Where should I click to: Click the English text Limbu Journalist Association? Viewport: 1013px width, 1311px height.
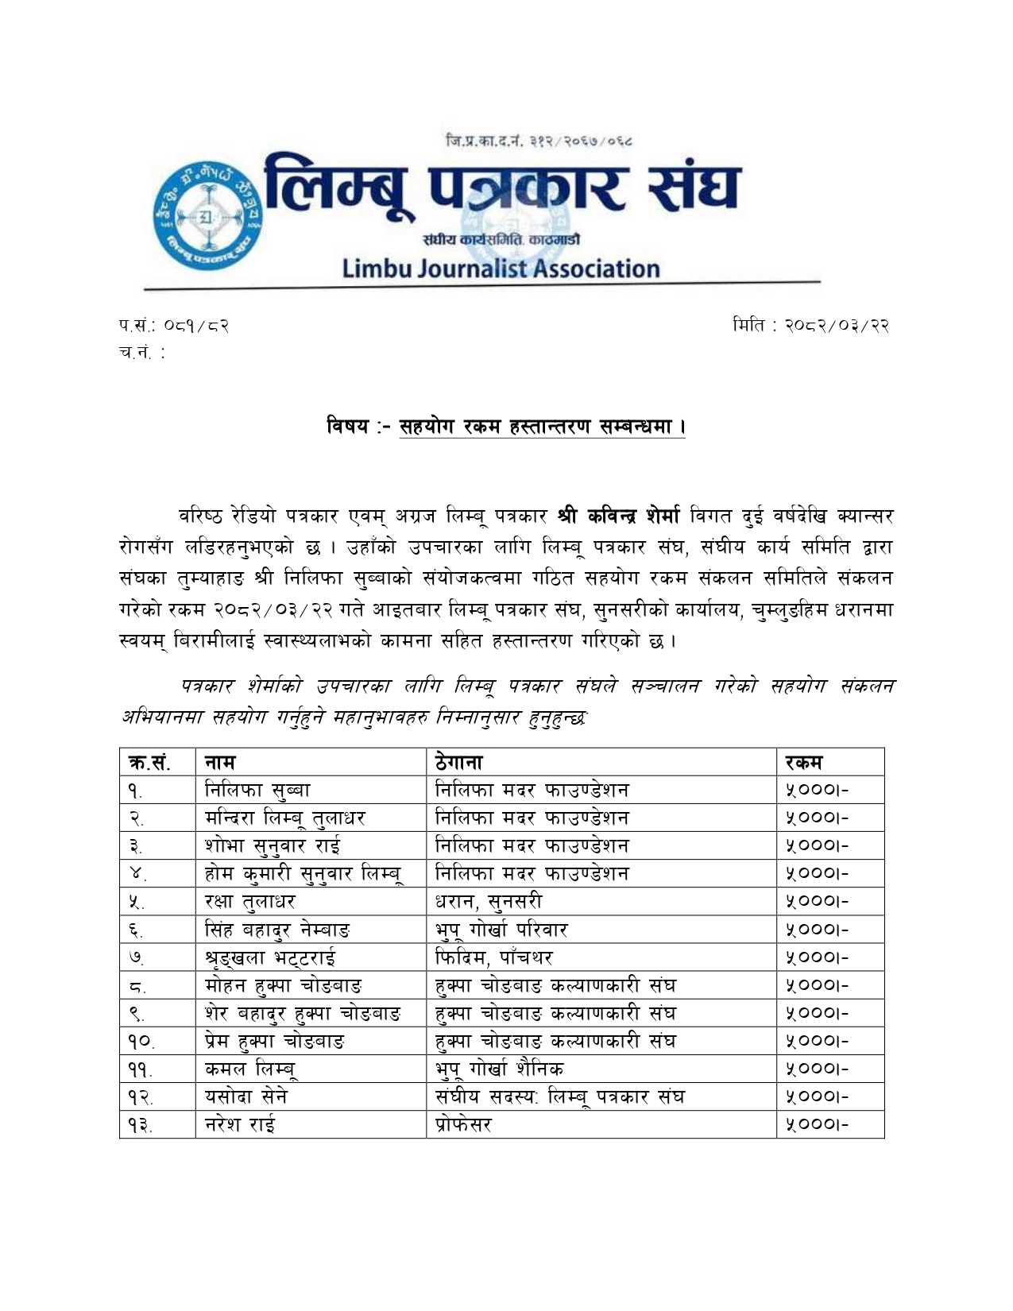pyautogui.click(x=501, y=269)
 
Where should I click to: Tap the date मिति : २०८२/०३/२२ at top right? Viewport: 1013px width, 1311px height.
pyautogui.click(x=810, y=326)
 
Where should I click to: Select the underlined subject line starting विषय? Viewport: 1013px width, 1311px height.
pyautogui.click(x=506, y=427)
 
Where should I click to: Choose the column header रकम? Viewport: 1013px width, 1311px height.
pyautogui.click(x=803, y=762)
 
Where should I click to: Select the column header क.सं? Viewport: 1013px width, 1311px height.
pyautogui.click(x=149, y=762)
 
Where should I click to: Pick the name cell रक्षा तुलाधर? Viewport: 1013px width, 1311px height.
pyautogui.click(x=250, y=901)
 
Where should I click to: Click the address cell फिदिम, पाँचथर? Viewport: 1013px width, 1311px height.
pyautogui.click(x=493, y=957)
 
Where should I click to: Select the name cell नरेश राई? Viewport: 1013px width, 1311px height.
pyautogui.click(x=240, y=1125)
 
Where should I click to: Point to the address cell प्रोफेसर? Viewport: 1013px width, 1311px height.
pyautogui.click(x=464, y=1125)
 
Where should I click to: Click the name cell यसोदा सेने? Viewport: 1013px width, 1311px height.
pyautogui.click(x=246, y=1097)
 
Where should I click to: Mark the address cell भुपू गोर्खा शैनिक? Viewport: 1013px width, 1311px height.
pyautogui.click(x=500, y=1069)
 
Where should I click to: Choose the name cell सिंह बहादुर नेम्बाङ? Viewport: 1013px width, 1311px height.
pyautogui.click(x=277, y=930)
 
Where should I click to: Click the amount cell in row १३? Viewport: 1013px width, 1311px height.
pyautogui.click(x=817, y=1125)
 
